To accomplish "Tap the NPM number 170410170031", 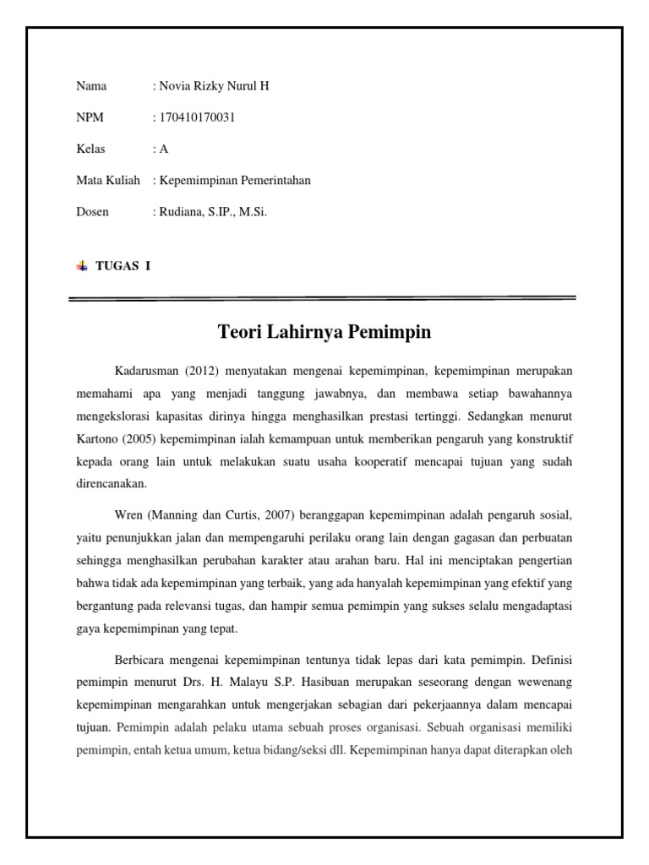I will click(196, 117).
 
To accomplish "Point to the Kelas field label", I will click(91, 149).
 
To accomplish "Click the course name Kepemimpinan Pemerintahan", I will click(234, 180).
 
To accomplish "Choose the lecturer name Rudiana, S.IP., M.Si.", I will click(212, 211).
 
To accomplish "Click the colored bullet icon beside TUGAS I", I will click(82, 265).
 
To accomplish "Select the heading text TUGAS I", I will click(123, 265).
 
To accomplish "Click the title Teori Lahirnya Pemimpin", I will click(325, 332).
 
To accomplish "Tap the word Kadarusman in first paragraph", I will click(145, 370).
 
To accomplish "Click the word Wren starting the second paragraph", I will click(128, 515).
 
